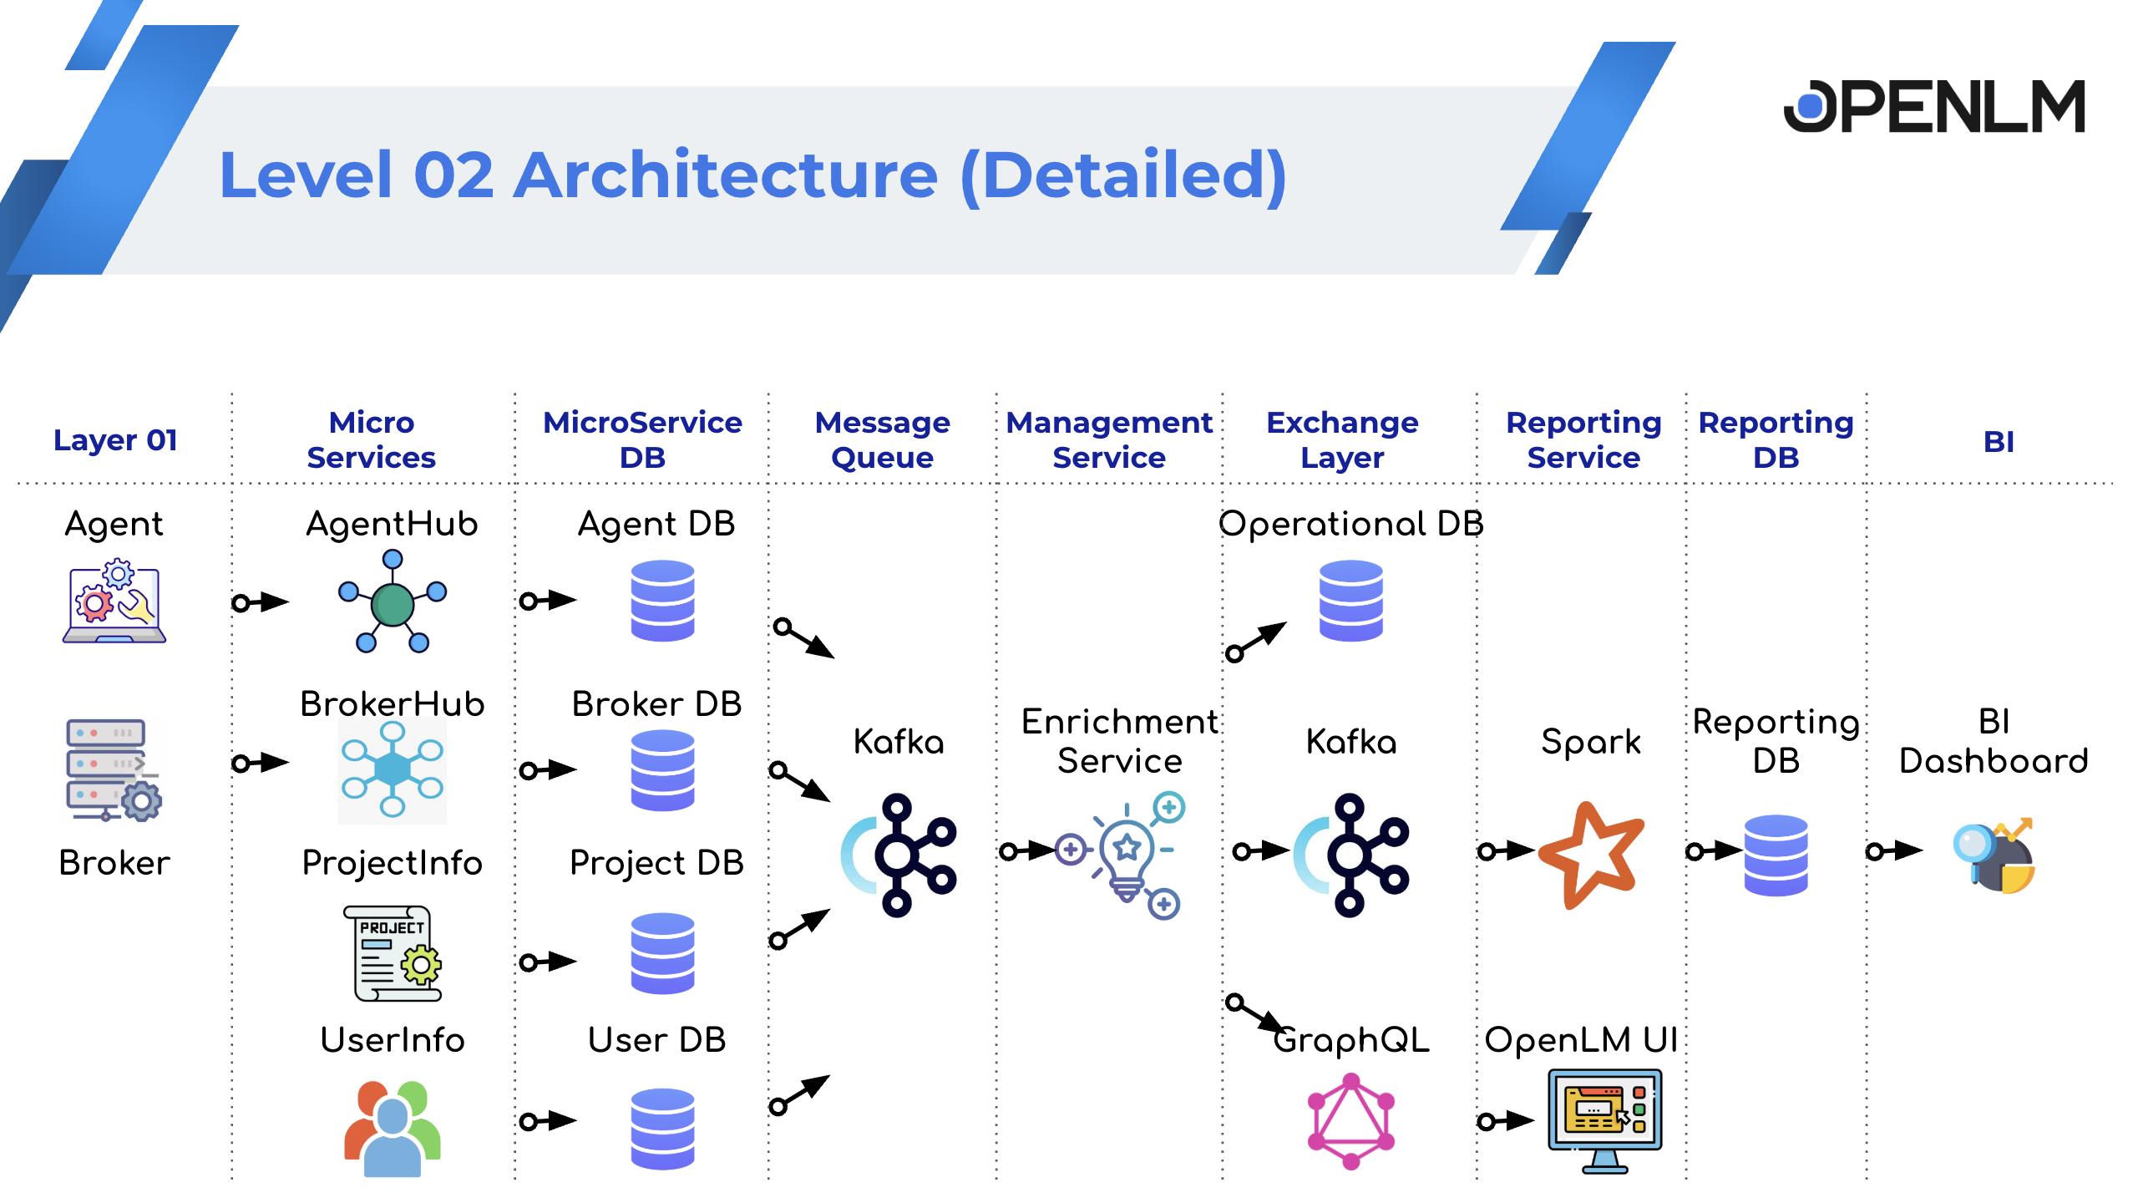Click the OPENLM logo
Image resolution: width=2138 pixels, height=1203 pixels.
coord(1934,106)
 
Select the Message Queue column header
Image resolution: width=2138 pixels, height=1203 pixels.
coord(882,439)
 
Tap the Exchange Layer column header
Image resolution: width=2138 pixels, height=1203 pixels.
coord(1342,439)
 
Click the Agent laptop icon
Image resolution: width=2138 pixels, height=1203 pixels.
coord(114,602)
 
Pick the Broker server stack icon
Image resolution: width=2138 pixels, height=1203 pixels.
coord(112,769)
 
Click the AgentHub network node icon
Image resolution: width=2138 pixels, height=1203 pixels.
coord(392,601)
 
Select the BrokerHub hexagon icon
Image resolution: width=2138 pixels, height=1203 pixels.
coord(392,769)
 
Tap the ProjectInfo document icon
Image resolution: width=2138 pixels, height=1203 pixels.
coord(393,953)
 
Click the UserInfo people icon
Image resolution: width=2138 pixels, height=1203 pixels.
coord(392,1127)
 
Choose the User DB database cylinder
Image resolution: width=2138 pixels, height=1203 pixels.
coord(662,1128)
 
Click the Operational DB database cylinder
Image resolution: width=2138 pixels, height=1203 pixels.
coord(1350,601)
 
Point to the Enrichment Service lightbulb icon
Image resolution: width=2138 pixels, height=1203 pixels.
coord(1127,854)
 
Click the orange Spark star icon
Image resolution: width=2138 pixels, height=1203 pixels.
coord(1591,855)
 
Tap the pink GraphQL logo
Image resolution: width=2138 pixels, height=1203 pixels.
coord(1350,1121)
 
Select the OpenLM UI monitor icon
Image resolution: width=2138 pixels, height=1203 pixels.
coord(1604,1120)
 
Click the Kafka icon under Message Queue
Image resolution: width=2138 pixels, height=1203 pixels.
coord(899,855)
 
